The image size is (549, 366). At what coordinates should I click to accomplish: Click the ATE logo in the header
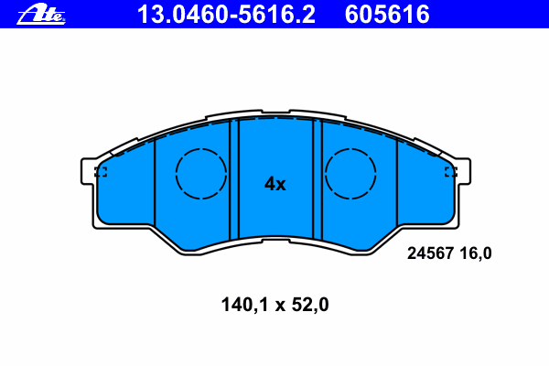click(x=41, y=14)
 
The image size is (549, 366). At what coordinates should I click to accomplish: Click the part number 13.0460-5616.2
click(x=226, y=15)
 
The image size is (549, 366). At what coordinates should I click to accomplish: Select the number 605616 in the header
click(x=387, y=15)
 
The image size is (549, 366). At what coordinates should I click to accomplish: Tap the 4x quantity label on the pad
click(x=274, y=184)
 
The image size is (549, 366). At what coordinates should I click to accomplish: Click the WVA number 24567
click(x=430, y=253)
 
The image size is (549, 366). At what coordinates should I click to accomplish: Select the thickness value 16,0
click(x=476, y=253)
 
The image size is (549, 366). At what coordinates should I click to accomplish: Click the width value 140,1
click(x=244, y=305)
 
